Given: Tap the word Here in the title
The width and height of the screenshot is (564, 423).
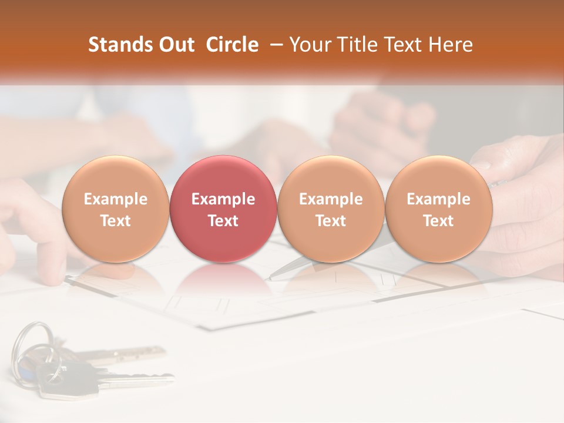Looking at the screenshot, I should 452,45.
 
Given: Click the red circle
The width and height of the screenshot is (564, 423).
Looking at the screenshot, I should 223,209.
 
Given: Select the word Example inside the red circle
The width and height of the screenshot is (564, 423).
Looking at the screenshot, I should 223,199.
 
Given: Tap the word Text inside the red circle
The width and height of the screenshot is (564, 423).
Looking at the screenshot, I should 223,221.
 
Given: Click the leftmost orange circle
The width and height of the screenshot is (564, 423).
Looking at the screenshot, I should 115,209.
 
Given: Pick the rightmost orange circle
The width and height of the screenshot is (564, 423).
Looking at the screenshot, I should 438,209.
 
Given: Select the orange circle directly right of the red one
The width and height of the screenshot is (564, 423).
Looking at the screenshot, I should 331,209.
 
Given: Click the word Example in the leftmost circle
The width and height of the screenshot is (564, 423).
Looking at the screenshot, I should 115,199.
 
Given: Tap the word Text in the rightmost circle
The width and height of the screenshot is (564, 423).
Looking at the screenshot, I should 438,221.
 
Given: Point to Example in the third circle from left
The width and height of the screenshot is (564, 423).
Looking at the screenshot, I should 331,199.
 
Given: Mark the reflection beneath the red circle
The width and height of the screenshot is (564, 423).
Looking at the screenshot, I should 223,279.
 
